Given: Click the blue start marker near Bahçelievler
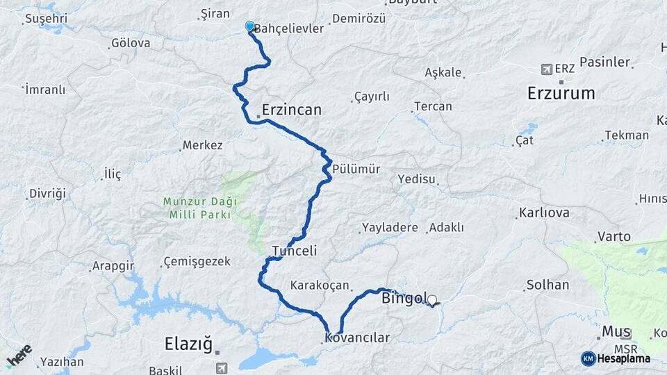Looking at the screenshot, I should pyautogui.click(x=250, y=26).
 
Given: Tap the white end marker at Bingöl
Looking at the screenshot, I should pyautogui.click(x=432, y=301).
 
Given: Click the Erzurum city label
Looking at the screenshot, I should pyautogui.click(x=561, y=93).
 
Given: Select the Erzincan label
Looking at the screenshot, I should pyautogui.click(x=292, y=110).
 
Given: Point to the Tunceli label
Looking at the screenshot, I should pyautogui.click(x=295, y=251).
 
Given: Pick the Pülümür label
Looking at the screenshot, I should pyautogui.click(x=356, y=169).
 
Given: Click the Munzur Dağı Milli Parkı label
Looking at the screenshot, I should pyautogui.click(x=200, y=208).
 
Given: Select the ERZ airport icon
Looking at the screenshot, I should pyautogui.click(x=547, y=69).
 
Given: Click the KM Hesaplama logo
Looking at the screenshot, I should pyautogui.click(x=616, y=358).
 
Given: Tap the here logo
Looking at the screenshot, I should pyautogui.click(x=19, y=356).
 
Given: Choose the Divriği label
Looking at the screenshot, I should pyautogui.click(x=47, y=194).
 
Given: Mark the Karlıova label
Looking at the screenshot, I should pyautogui.click(x=544, y=212).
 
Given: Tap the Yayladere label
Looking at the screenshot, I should pyautogui.click(x=390, y=228).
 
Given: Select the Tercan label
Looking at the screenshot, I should pyautogui.click(x=433, y=106).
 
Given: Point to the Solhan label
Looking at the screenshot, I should pyautogui.click(x=547, y=285).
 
